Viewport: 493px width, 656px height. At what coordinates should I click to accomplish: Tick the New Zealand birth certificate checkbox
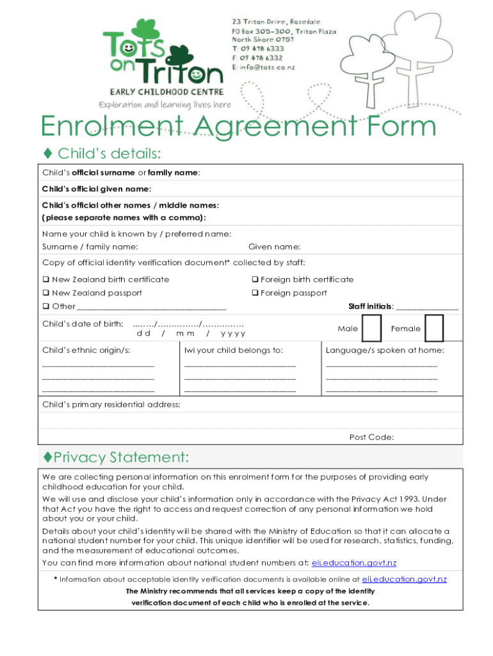tap(45, 279)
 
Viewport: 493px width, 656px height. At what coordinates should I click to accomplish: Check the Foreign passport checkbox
tap(254, 293)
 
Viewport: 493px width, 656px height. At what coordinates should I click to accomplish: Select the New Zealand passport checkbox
tap(45, 293)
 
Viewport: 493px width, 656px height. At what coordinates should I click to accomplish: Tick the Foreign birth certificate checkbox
tap(254, 279)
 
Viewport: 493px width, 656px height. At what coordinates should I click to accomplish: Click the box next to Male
tap(371, 328)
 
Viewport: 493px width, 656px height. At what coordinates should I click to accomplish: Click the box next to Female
tap(434, 328)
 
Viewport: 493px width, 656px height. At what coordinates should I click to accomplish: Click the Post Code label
tap(371, 438)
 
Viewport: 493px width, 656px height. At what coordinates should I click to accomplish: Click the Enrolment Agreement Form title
tap(238, 126)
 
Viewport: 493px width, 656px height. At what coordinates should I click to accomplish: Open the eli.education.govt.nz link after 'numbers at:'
tap(354, 562)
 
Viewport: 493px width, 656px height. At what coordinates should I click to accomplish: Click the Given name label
tap(274, 247)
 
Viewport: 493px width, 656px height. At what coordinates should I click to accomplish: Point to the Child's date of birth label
tap(83, 324)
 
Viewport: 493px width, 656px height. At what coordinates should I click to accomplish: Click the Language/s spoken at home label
tap(385, 350)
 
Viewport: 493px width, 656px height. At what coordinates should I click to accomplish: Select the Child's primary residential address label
tap(111, 405)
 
